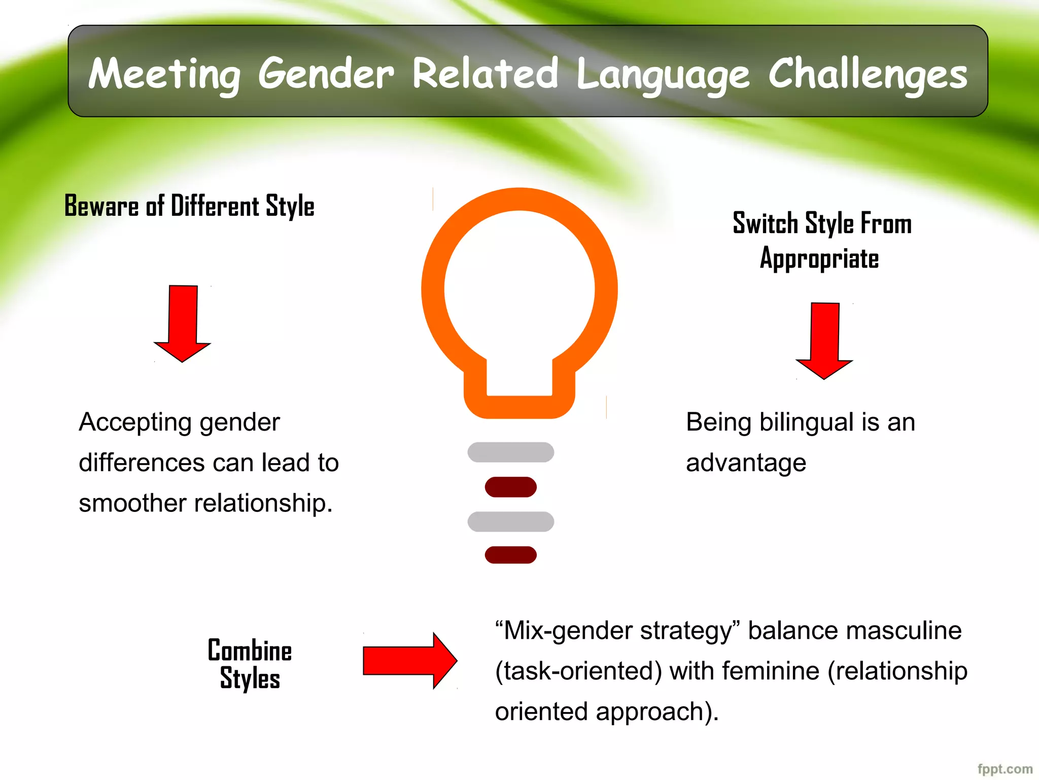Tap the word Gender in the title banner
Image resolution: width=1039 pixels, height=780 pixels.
[x=326, y=74]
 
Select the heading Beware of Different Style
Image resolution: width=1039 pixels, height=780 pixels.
[x=189, y=206]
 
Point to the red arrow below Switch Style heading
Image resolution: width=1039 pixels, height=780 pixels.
[x=824, y=340]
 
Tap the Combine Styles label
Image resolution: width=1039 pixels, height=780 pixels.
[x=250, y=664]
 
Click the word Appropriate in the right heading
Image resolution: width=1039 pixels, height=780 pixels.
[x=819, y=259]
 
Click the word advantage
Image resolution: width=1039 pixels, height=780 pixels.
[x=746, y=463]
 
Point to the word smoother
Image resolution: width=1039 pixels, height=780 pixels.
[x=132, y=503]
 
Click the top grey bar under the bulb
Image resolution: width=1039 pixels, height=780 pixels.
[x=510, y=452]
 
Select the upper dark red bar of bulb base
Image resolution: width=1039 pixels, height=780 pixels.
[x=510, y=487]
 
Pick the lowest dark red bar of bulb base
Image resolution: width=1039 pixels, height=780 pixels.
[x=510, y=555]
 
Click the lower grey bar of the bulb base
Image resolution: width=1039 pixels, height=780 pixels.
[x=510, y=522]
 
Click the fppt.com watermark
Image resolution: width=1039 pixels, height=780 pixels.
[x=1005, y=769]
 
